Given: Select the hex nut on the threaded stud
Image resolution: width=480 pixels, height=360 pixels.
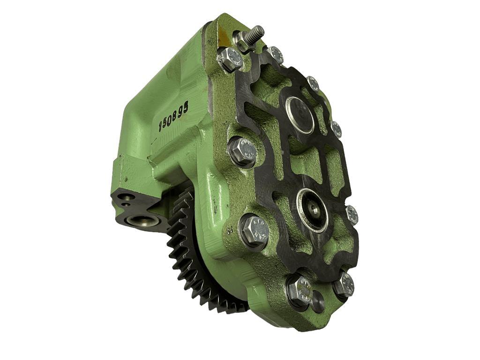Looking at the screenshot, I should (x=243, y=42).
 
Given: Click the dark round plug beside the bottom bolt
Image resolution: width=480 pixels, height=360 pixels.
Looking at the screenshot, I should (x=318, y=301).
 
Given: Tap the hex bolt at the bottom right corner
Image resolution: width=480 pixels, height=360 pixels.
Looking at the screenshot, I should (x=344, y=285).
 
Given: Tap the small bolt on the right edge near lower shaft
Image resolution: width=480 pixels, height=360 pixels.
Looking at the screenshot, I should (x=352, y=215).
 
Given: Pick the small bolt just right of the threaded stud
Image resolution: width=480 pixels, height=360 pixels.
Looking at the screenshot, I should (x=276, y=55).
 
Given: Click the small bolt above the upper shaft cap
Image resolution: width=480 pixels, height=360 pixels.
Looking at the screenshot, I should (x=313, y=83).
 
